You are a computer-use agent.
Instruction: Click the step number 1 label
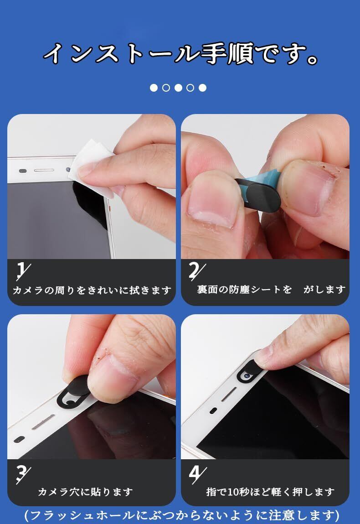coord(23,271)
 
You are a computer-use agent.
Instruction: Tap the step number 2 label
coord(196,271)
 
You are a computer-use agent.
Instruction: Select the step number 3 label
coord(23,475)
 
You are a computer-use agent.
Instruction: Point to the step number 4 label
coord(197,475)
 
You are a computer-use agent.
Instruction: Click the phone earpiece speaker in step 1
coord(44,171)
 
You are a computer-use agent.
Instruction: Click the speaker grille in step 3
coord(43,423)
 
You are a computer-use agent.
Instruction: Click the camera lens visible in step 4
coord(247,376)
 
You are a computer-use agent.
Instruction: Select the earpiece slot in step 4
coord(229,394)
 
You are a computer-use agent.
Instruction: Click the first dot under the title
coord(154,88)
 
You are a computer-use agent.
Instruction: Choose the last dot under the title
coord(202,88)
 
